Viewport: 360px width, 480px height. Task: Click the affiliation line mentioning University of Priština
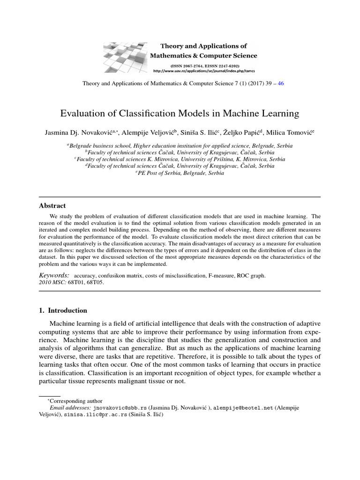pyautogui.click(x=180, y=159)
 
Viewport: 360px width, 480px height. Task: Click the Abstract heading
pyautogui.click(x=52, y=206)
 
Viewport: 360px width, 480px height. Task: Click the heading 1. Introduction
pyautogui.click(x=62, y=310)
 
